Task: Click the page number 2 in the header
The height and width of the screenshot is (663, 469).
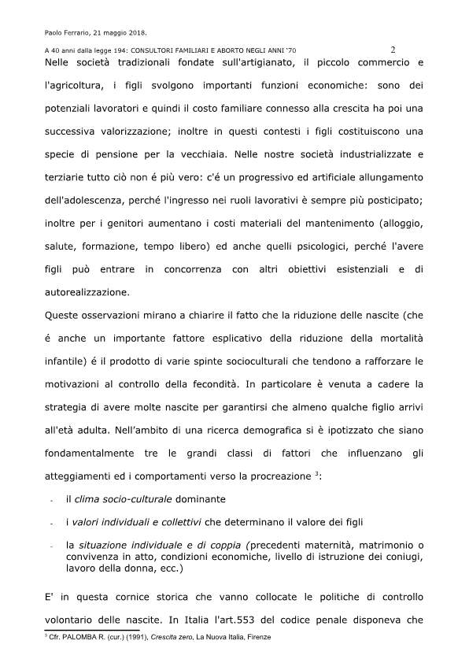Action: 393,48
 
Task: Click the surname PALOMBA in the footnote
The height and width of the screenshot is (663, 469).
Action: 79,635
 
